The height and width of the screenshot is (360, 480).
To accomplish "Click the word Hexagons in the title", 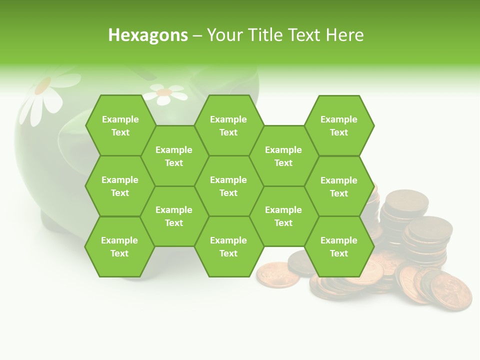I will click(x=148, y=35).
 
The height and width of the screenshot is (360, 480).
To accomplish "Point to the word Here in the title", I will click(x=344, y=35).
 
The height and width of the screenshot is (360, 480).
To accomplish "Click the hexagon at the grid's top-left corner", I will click(x=120, y=125).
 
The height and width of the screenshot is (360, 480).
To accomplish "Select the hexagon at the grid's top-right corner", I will click(x=339, y=125).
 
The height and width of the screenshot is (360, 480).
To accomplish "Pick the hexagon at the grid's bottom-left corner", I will click(x=119, y=246).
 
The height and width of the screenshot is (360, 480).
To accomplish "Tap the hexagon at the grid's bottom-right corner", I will click(x=339, y=246).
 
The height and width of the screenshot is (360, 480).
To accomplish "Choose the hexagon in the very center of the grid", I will click(x=228, y=186).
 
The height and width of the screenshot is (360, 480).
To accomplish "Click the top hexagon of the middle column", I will click(x=228, y=125).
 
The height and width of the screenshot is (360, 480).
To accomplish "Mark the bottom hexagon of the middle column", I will click(x=228, y=246).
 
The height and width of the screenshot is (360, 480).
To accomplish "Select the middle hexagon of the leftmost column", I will click(x=120, y=186).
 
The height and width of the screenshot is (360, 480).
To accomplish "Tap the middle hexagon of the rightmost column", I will click(x=339, y=186).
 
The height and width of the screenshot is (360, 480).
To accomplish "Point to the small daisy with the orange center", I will click(x=164, y=93).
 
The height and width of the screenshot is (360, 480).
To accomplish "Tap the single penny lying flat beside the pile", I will click(x=277, y=275).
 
